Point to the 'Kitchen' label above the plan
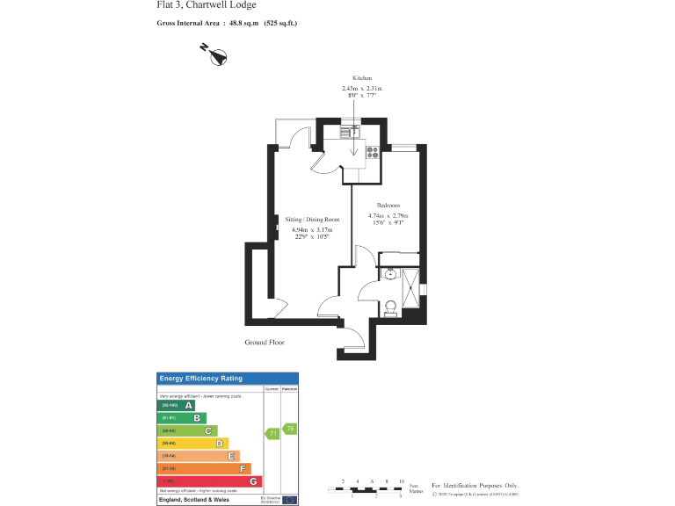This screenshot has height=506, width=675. (362, 78)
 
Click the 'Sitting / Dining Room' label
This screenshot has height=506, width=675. (311, 219)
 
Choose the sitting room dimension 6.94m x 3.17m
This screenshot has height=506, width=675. (311, 230)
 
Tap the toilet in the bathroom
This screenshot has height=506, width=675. (391, 307)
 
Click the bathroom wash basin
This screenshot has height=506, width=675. (389, 274)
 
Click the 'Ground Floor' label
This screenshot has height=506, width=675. (265, 343)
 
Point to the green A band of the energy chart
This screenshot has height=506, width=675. (176, 405)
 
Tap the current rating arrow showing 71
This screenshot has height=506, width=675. (272, 433)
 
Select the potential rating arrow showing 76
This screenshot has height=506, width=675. (289, 428)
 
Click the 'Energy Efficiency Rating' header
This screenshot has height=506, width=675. (200, 379)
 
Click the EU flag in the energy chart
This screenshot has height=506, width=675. (289, 499)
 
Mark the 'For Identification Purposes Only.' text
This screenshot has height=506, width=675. (475, 485)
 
